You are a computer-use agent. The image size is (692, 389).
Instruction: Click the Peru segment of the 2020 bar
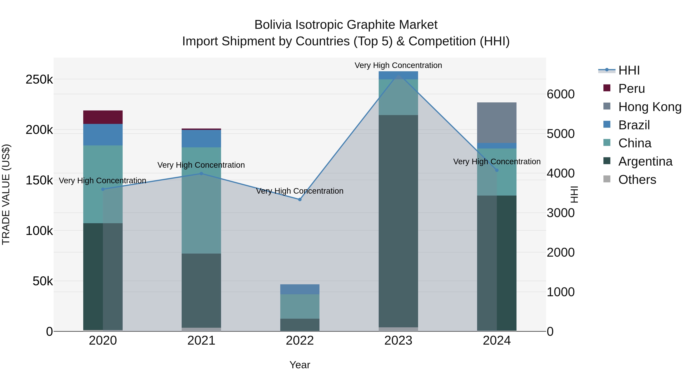click(103, 117)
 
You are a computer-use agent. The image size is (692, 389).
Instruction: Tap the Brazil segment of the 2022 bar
click(300, 289)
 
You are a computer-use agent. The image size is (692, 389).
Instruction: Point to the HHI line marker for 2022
click(300, 199)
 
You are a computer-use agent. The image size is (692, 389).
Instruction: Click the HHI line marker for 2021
click(201, 174)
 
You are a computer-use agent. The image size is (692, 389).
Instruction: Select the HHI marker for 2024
click(497, 170)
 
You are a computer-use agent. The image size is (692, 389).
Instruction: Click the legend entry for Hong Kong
click(650, 107)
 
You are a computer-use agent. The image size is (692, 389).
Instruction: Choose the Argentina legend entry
click(645, 161)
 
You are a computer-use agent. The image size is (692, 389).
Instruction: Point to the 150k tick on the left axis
click(39, 180)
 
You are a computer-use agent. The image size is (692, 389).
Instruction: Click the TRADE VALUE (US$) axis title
click(6, 194)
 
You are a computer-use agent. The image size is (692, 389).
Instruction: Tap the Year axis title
click(300, 365)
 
